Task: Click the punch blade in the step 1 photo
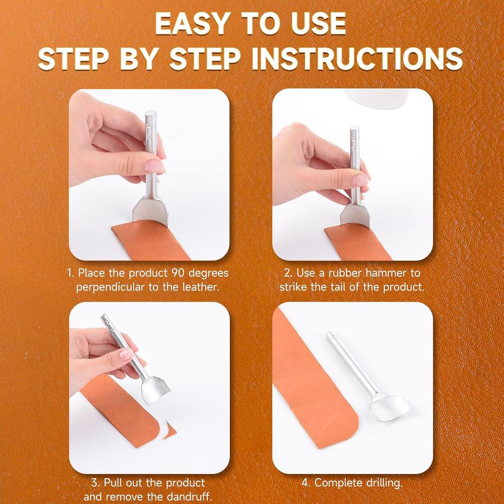(x=150, y=210)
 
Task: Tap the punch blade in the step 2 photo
(x=356, y=215)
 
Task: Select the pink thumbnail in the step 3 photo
(x=126, y=354)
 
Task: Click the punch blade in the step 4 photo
(x=389, y=407)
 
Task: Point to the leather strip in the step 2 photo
(x=357, y=244)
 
